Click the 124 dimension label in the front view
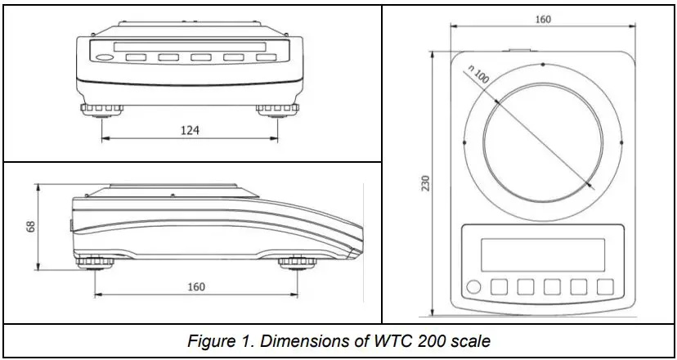[x=189, y=129]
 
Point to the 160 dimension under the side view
[x=196, y=286]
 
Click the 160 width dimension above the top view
[x=543, y=20]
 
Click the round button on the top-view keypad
[x=473, y=286]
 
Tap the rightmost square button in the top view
[x=605, y=286]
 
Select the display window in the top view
[x=542, y=254]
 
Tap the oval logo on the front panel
[x=104, y=58]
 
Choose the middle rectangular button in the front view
[x=201, y=58]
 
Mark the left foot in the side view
[x=96, y=262]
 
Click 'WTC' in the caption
[x=383, y=341]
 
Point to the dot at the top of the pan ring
[x=542, y=63]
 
